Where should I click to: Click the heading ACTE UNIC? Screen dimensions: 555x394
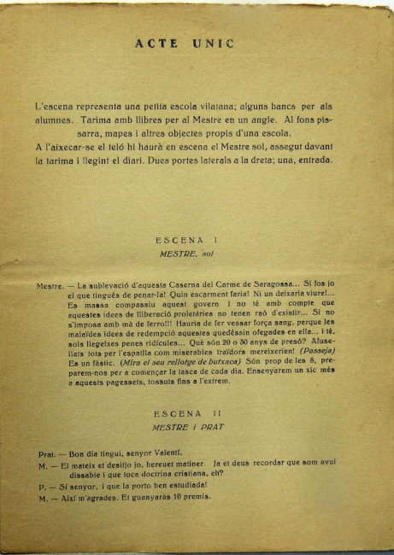(184, 44)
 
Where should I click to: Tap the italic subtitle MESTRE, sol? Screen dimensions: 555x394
(185, 254)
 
